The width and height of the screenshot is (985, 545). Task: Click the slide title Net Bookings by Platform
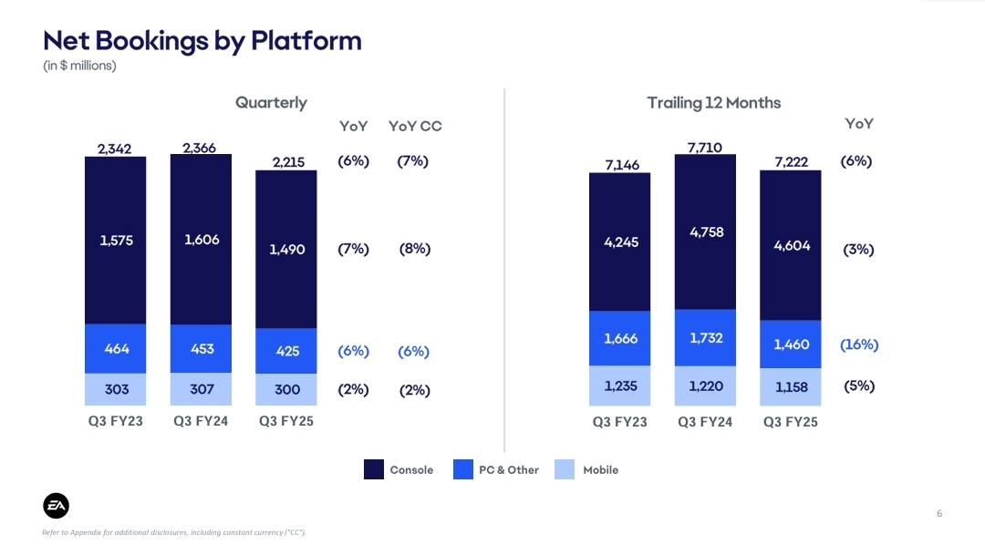[202, 41]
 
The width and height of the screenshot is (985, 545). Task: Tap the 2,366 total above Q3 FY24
[200, 148]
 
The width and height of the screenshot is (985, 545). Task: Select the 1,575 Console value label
[116, 241]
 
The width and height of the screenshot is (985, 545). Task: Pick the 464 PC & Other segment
[116, 348]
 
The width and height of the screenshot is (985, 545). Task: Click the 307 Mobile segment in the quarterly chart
[202, 389]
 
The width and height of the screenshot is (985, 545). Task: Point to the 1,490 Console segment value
[286, 249]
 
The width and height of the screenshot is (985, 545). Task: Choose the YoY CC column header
[415, 127]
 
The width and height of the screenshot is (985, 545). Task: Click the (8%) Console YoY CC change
[414, 249]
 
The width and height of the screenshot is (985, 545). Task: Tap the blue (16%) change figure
[858, 344]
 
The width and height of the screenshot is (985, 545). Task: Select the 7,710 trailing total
[705, 147]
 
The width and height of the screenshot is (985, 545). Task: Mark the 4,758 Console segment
[706, 232]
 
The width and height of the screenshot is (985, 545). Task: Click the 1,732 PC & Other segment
[706, 337]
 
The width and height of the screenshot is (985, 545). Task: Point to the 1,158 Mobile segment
[791, 386]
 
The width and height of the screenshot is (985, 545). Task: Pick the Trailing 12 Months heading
[714, 103]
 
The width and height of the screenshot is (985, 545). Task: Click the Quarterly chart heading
[271, 103]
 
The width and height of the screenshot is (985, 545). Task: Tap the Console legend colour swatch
[374, 470]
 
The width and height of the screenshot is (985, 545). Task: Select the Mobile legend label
[600, 470]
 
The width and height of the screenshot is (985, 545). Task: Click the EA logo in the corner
[57, 506]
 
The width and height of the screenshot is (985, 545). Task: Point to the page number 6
[938, 514]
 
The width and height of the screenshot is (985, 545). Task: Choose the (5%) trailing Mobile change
[858, 386]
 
